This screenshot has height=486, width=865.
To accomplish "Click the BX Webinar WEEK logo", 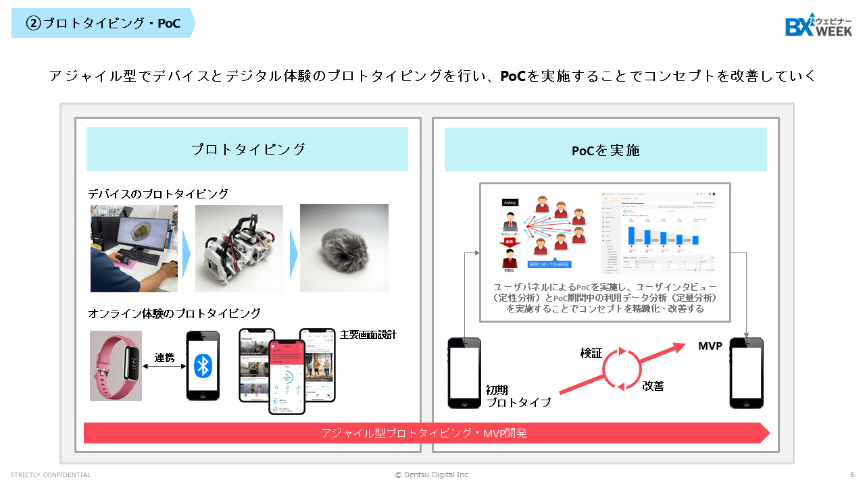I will [x=818, y=25].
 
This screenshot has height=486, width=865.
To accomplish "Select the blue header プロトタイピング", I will [x=247, y=149].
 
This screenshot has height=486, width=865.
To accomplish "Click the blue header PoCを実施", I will [x=605, y=150].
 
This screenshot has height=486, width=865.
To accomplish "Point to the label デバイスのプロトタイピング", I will [x=158, y=194].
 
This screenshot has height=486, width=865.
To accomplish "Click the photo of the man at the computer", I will [x=134, y=248].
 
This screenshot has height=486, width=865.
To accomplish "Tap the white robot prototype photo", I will [x=239, y=248].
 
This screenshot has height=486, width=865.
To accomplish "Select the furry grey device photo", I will [x=344, y=248].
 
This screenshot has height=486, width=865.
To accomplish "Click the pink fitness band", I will [x=116, y=365].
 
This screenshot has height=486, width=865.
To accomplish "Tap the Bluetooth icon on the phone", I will [x=203, y=365].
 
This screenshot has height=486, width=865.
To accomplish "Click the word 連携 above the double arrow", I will [x=164, y=358].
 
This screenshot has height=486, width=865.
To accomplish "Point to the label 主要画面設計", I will [x=368, y=335].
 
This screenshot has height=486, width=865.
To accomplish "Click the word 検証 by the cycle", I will [x=591, y=353].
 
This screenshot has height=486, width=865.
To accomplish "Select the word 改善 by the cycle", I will [x=653, y=385].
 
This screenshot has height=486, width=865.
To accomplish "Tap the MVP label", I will [x=710, y=346].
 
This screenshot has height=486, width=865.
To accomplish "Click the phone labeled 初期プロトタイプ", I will [x=464, y=373].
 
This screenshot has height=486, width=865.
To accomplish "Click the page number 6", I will [x=852, y=475].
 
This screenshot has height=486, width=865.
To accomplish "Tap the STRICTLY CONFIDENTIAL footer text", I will [x=51, y=475].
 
